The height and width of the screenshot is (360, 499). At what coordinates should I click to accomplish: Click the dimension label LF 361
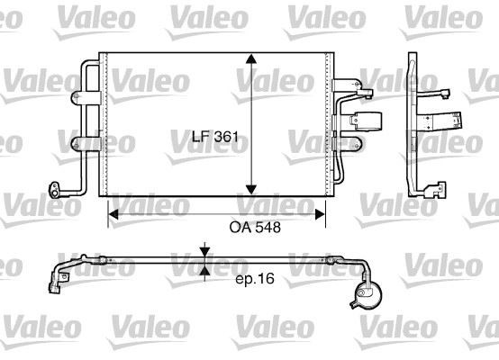(x=215, y=137)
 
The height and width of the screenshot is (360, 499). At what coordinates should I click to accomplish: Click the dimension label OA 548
(x=255, y=228)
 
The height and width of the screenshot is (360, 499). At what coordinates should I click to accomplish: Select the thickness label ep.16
(x=255, y=279)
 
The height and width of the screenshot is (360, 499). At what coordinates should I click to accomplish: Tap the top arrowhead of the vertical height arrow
(x=251, y=58)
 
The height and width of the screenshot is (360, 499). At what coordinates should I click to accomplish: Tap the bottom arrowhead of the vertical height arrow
(x=251, y=190)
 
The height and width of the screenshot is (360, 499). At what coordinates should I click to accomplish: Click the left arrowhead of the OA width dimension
(x=113, y=214)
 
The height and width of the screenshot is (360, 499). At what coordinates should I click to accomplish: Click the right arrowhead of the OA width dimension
(x=320, y=214)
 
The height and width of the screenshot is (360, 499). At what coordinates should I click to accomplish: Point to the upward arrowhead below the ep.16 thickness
(x=205, y=271)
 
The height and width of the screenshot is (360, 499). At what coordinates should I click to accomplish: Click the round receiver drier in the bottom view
(x=367, y=294)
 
